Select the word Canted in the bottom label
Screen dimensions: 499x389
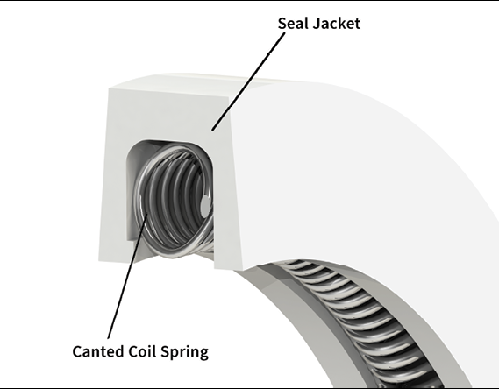98,351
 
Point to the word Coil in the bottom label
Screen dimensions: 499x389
142,351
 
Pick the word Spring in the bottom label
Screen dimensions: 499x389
184,352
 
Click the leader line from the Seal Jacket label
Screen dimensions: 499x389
248,81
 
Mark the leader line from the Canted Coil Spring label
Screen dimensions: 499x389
128,276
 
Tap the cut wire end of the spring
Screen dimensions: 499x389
205,205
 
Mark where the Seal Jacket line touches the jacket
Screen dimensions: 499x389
212,130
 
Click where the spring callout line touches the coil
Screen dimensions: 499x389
147,214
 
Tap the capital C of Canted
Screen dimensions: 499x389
77,351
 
